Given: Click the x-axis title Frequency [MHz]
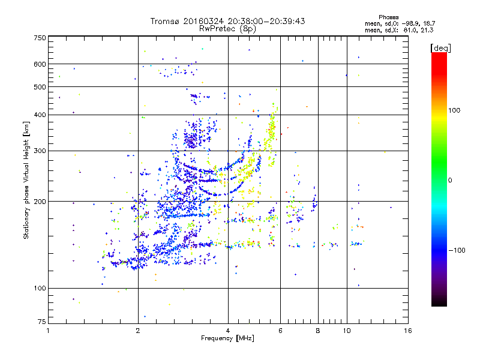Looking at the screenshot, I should coord(227,338).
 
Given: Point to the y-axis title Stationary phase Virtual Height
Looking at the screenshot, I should coord(26,179).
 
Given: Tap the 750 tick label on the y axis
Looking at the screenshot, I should coord(40,38).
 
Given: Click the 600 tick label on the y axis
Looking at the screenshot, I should coord(40,64).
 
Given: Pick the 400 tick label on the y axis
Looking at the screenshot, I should coord(40,115).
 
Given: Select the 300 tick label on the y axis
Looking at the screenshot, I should coord(40,151).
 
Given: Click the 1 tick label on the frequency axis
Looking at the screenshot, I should coord(49,331).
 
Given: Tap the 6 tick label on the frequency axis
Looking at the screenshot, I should coord(280,331).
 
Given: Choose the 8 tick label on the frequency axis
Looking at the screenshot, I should coord(318,331).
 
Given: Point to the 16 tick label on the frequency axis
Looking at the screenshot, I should coord(407,331).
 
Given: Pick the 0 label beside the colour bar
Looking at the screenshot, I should coord(451,180).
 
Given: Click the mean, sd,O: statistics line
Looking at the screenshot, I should coord(399,23).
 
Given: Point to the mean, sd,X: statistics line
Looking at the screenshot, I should coord(399,30).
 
